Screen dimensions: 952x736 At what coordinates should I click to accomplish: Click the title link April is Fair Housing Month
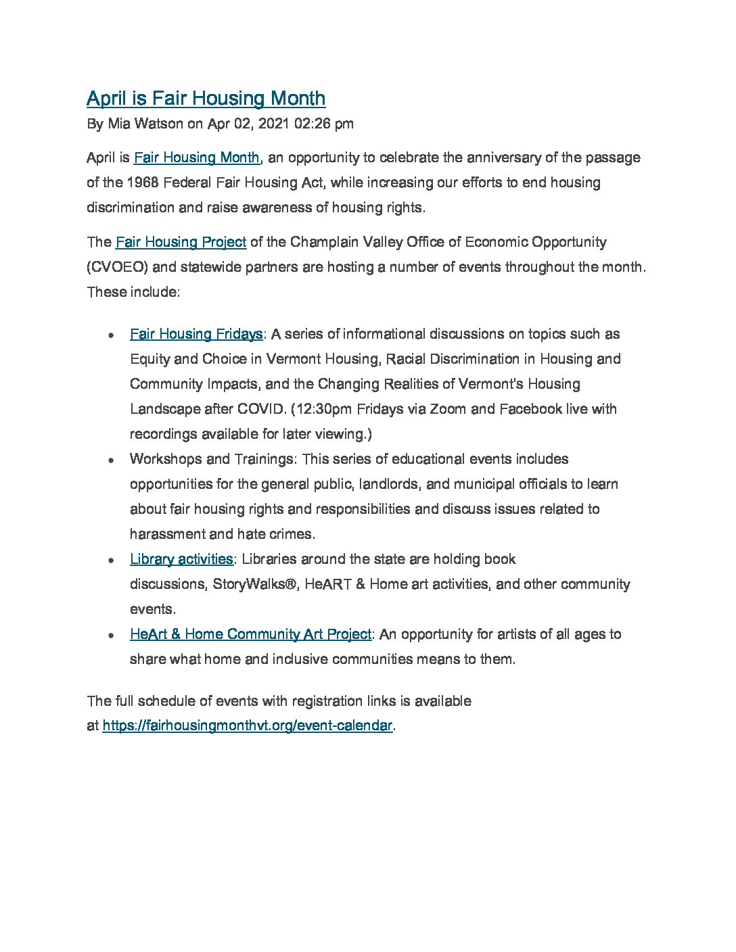tap(206, 99)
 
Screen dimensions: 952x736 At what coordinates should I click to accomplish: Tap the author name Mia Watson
tap(145, 124)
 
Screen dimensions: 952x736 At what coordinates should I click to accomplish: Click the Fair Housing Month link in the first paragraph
tap(196, 158)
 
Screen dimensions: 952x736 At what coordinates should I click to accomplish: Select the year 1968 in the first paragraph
tap(143, 183)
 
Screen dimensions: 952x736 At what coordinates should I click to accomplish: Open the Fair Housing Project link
tap(181, 242)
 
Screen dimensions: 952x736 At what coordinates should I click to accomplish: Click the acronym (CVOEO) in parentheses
tap(117, 267)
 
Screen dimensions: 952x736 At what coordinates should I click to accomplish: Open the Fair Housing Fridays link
tap(196, 334)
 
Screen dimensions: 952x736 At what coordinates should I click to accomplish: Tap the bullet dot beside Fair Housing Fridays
tap(110, 335)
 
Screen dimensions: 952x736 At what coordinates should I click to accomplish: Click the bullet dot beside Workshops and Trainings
tap(110, 460)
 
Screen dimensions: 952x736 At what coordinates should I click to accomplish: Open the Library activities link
tap(181, 559)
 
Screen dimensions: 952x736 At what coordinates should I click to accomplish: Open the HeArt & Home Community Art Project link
tap(250, 634)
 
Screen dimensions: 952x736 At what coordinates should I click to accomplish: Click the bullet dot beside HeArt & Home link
tap(110, 636)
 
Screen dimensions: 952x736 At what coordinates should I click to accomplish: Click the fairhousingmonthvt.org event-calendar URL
tap(247, 726)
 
